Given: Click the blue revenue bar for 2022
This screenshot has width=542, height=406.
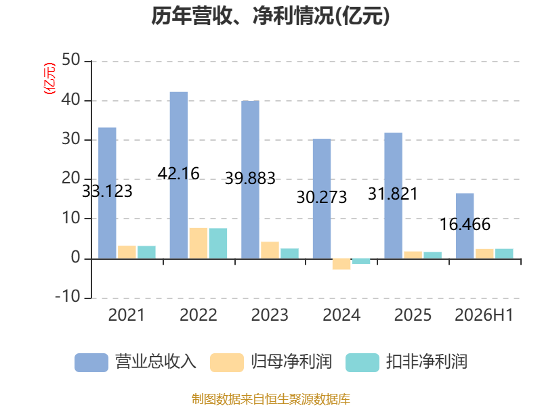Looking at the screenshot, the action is coord(179,175).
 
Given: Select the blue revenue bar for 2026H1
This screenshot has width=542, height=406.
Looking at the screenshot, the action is coord(465,226).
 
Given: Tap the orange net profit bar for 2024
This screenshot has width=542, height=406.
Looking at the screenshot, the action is coord(341,264).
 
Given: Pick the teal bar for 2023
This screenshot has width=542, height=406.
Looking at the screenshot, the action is coord(290,253).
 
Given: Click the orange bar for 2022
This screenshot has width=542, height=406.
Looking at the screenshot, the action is coord(199,243).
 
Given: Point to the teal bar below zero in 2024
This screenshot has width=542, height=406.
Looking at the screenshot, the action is coord(361,261).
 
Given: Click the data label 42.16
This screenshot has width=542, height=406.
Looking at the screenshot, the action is coord(178,173).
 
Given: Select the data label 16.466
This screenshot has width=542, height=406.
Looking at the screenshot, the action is coord(465,225).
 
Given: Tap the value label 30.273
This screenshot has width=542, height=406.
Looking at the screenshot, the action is coord(321,197).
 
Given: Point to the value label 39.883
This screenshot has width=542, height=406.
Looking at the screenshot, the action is coord(250,178).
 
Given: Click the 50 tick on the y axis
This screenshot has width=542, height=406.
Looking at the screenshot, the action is coord(71,60).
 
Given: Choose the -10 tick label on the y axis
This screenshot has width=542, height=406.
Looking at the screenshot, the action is coord(68,296).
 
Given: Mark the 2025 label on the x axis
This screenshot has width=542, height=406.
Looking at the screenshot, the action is coord(413,315).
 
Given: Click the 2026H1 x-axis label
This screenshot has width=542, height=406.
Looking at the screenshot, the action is coord(484,315).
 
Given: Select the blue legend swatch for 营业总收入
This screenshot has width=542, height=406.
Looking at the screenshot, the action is coord(91,363).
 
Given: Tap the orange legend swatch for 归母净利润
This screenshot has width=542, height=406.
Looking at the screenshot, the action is coord(227,363).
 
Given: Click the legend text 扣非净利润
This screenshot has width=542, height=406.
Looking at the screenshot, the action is coord(427,362).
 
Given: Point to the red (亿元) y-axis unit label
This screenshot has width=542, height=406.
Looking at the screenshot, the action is coord(49,78).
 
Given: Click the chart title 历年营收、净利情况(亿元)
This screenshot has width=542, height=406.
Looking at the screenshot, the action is coord(270,16).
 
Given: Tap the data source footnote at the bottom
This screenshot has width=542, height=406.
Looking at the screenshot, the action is coord(271,399).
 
